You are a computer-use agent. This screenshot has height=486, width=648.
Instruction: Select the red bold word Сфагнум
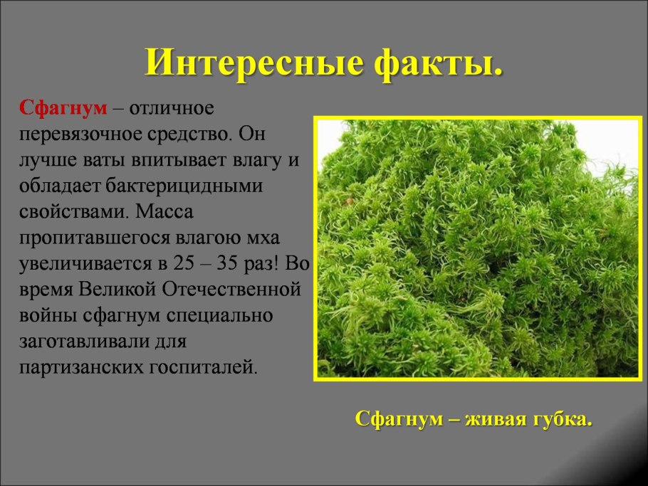(63, 109)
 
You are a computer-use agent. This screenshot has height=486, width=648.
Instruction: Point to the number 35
(231, 263)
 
